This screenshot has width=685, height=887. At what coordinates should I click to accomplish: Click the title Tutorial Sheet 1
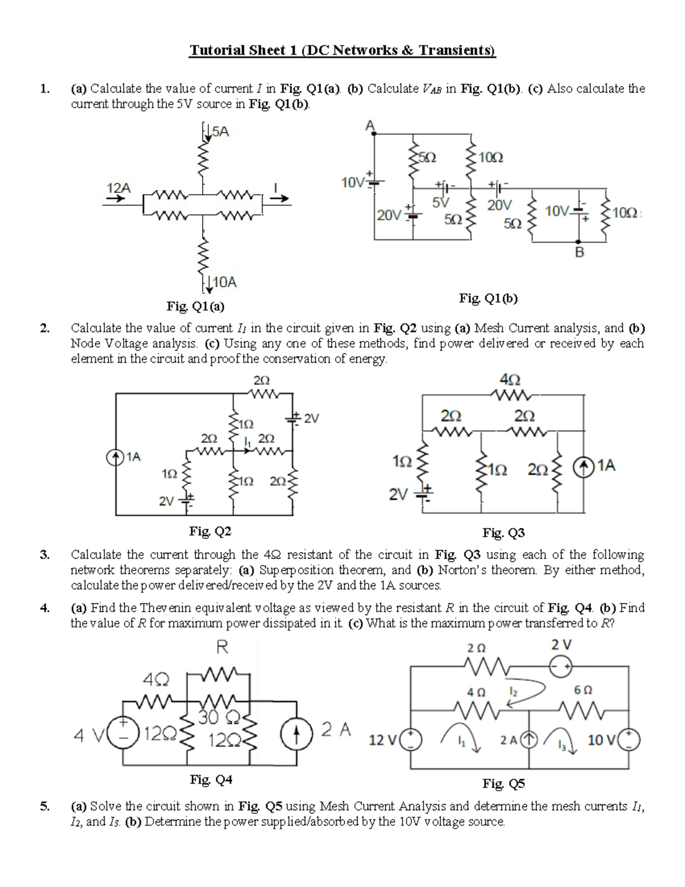(342, 51)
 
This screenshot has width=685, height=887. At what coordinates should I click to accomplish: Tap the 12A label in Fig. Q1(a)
(119, 187)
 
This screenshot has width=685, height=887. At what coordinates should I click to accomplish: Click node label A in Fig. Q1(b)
(369, 125)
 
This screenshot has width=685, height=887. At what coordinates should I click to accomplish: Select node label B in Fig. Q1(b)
(579, 252)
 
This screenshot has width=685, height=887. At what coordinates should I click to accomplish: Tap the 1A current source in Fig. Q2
(116, 456)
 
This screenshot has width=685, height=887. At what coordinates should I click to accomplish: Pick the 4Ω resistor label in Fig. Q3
(510, 379)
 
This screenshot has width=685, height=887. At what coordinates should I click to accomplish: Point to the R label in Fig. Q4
(222, 647)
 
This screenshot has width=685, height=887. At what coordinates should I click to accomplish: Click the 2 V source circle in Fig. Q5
(561, 665)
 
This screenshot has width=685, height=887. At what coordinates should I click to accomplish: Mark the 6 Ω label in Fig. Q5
(583, 690)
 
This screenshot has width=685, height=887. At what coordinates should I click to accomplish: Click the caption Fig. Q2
(210, 532)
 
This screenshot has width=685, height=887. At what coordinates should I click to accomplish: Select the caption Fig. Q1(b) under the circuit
(488, 298)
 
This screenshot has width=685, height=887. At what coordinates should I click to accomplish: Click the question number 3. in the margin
(45, 555)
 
